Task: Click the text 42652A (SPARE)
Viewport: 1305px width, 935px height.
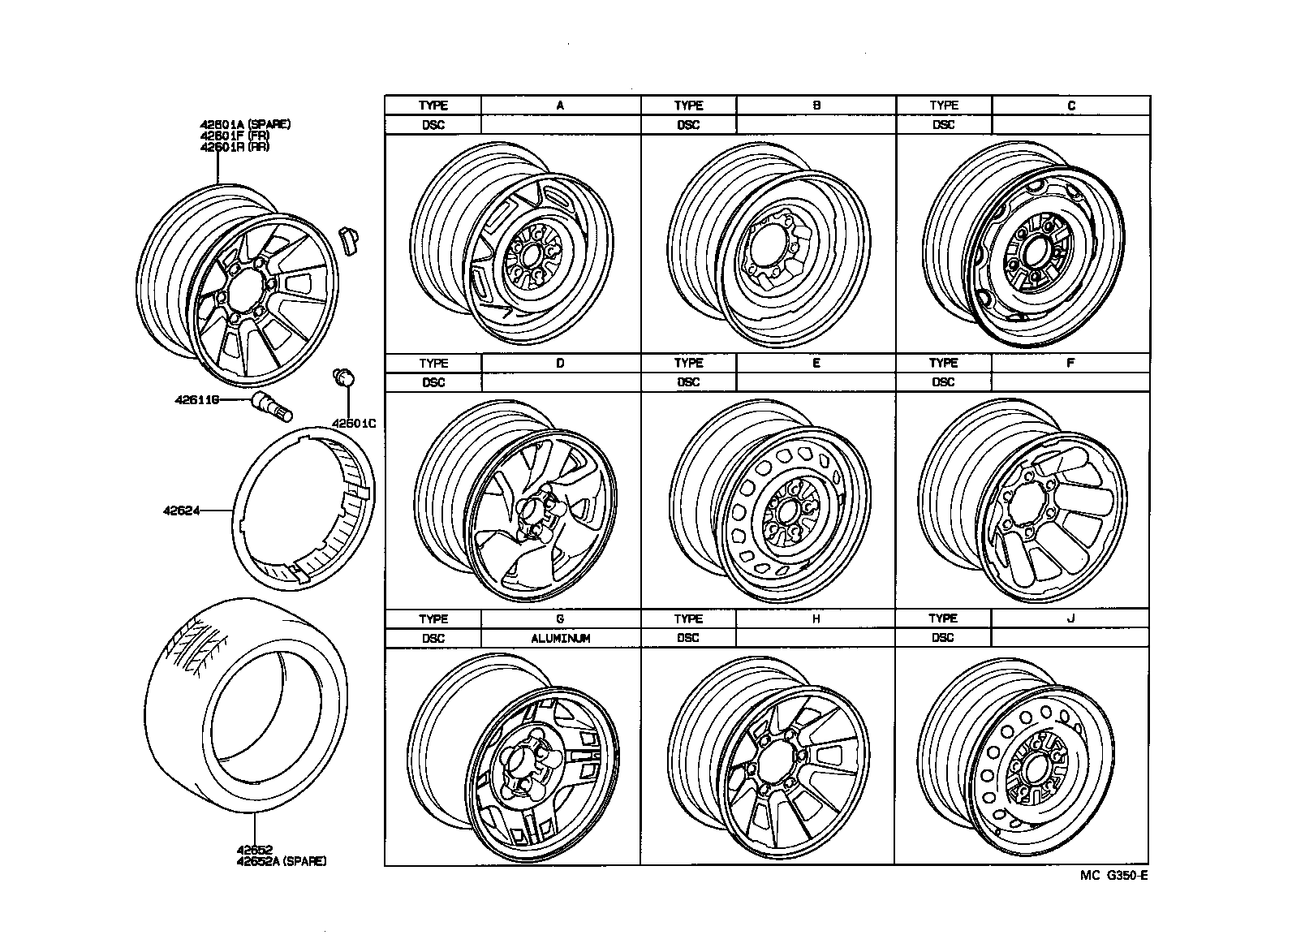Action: point(282,862)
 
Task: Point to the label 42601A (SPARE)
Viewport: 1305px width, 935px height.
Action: point(245,125)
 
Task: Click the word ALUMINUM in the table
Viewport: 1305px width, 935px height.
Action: point(560,638)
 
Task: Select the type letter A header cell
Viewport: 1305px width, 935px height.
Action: point(560,106)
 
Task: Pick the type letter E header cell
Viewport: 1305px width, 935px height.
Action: point(816,364)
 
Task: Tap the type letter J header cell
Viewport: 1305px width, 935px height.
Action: point(1070,618)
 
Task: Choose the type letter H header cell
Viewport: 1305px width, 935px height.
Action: point(816,618)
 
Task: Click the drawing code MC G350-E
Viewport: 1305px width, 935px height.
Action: point(1113,875)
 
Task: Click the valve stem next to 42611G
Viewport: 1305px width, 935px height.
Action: point(271,405)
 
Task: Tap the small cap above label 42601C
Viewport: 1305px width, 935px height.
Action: point(344,377)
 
